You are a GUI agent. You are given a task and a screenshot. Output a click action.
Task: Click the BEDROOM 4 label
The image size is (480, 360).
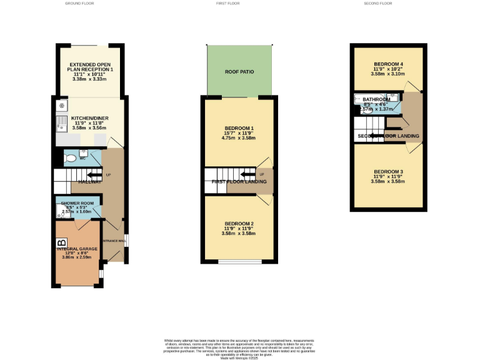[x=389, y=64]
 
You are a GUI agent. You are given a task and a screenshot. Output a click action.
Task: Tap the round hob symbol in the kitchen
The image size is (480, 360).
[x=61, y=106]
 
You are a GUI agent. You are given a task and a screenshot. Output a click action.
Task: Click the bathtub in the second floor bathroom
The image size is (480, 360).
[x=367, y=100]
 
